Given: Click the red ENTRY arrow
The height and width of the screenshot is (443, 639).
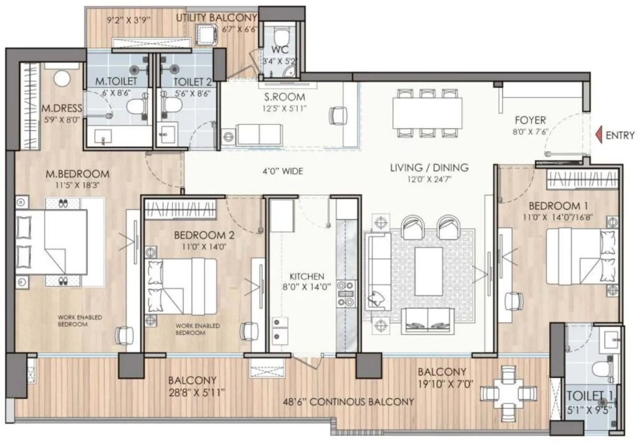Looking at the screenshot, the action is pyautogui.click(x=599, y=135).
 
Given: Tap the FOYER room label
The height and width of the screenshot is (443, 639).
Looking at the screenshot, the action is pyautogui.click(x=530, y=120).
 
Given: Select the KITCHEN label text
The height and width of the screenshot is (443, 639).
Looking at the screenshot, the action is pyautogui.click(x=307, y=276).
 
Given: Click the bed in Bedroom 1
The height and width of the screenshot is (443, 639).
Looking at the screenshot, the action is pyautogui.click(x=581, y=256).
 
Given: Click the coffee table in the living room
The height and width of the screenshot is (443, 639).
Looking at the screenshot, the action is pyautogui.click(x=428, y=271).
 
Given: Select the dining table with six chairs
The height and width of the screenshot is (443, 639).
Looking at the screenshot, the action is pyautogui.click(x=427, y=112).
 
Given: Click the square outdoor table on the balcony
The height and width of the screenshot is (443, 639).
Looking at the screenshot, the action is pyautogui.click(x=508, y=394).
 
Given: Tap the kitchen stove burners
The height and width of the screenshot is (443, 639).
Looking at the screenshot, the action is pyautogui.click(x=346, y=293).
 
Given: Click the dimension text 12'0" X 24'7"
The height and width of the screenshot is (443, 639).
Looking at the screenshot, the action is pyautogui.click(x=429, y=179).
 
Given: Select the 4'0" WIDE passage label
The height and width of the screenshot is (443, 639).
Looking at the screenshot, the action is pyautogui.click(x=283, y=171).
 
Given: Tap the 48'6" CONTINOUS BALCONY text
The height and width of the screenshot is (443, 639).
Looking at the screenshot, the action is pyautogui.click(x=348, y=402).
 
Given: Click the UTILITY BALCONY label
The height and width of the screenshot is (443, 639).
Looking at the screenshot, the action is pyautogui.click(x=217, y=18).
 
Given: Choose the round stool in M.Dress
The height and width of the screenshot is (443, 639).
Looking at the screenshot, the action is pyautogui.click(x=62, y=79).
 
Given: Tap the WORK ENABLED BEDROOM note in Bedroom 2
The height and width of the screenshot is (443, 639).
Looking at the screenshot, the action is pyautogui.click(x=198, y=329).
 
